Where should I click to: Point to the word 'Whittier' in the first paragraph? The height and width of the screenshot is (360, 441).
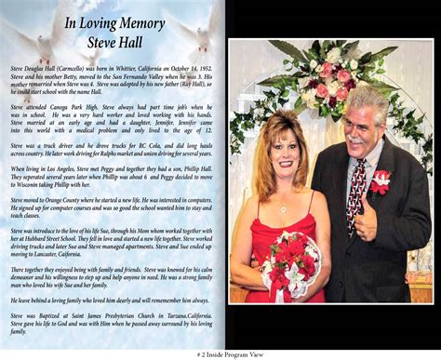(x=121, y=68)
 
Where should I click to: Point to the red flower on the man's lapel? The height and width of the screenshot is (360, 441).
(x=381, y=183)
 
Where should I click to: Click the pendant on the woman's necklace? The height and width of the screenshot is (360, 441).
(x=283, y=210)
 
